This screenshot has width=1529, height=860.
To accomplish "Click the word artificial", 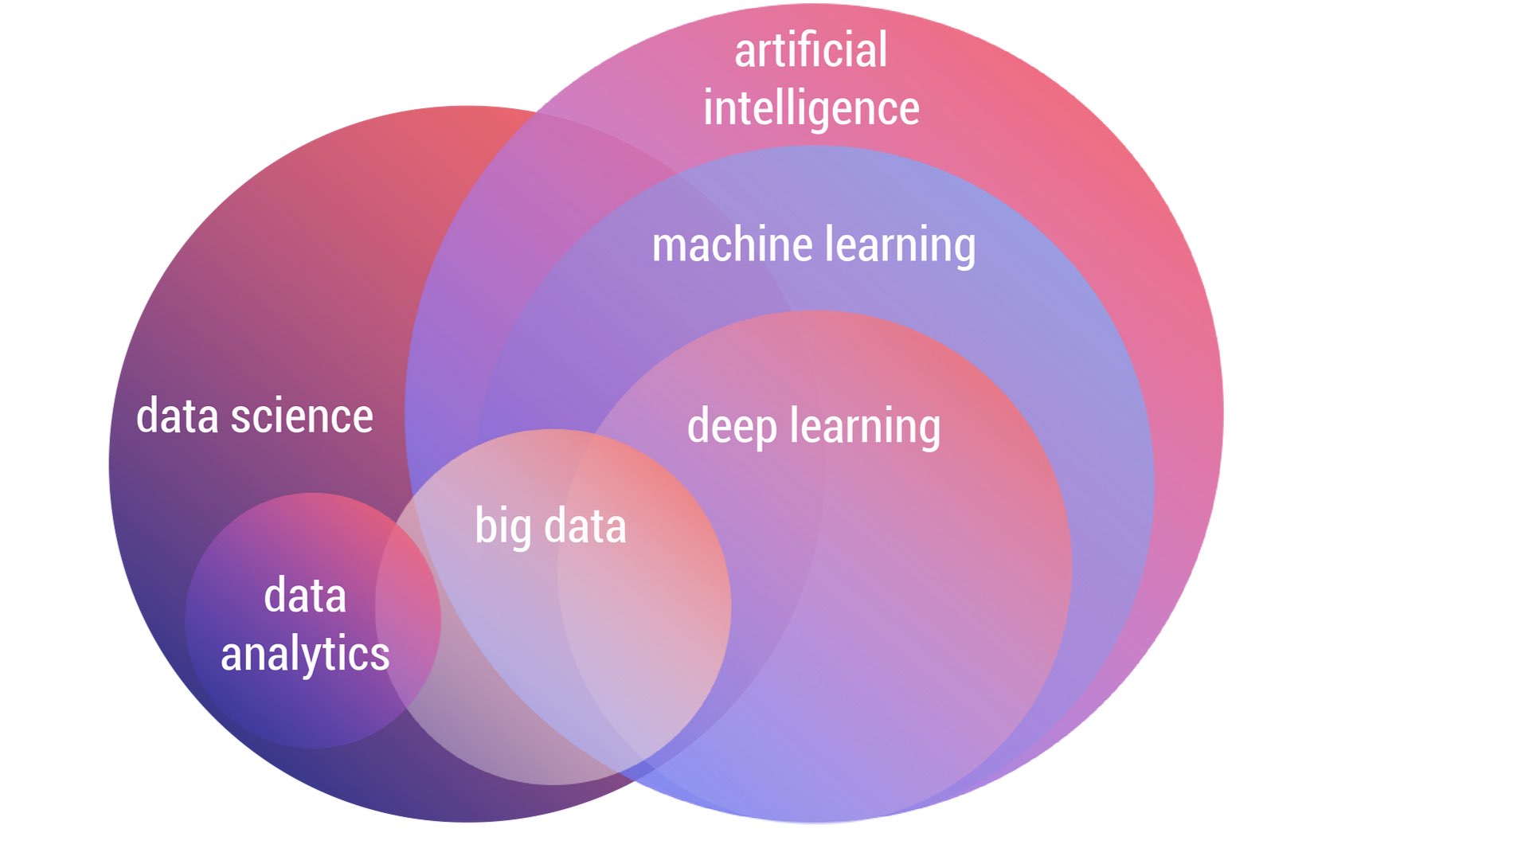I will (810, 51).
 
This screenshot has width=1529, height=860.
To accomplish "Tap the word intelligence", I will (811, 109).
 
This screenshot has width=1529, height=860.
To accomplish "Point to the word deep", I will (731, 427).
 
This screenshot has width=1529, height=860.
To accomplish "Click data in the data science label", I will (177, 416).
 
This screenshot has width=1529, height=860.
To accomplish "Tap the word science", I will (302, 416).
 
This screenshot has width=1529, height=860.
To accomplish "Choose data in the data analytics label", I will (305, 596).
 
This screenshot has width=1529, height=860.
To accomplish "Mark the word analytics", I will (305, 655).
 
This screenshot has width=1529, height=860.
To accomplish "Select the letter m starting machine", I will (668, 246).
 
